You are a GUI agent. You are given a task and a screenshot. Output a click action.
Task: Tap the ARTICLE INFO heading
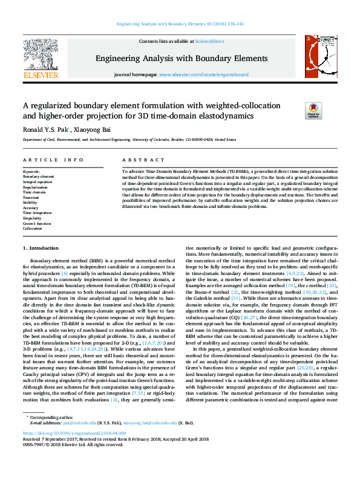[x=53, y=160]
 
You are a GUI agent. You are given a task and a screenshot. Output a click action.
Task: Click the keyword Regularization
[x=35, y=187]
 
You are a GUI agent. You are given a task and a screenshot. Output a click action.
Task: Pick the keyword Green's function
[x=37, y=224]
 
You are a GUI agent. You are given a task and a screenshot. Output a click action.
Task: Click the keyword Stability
[x=31, y=203]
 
